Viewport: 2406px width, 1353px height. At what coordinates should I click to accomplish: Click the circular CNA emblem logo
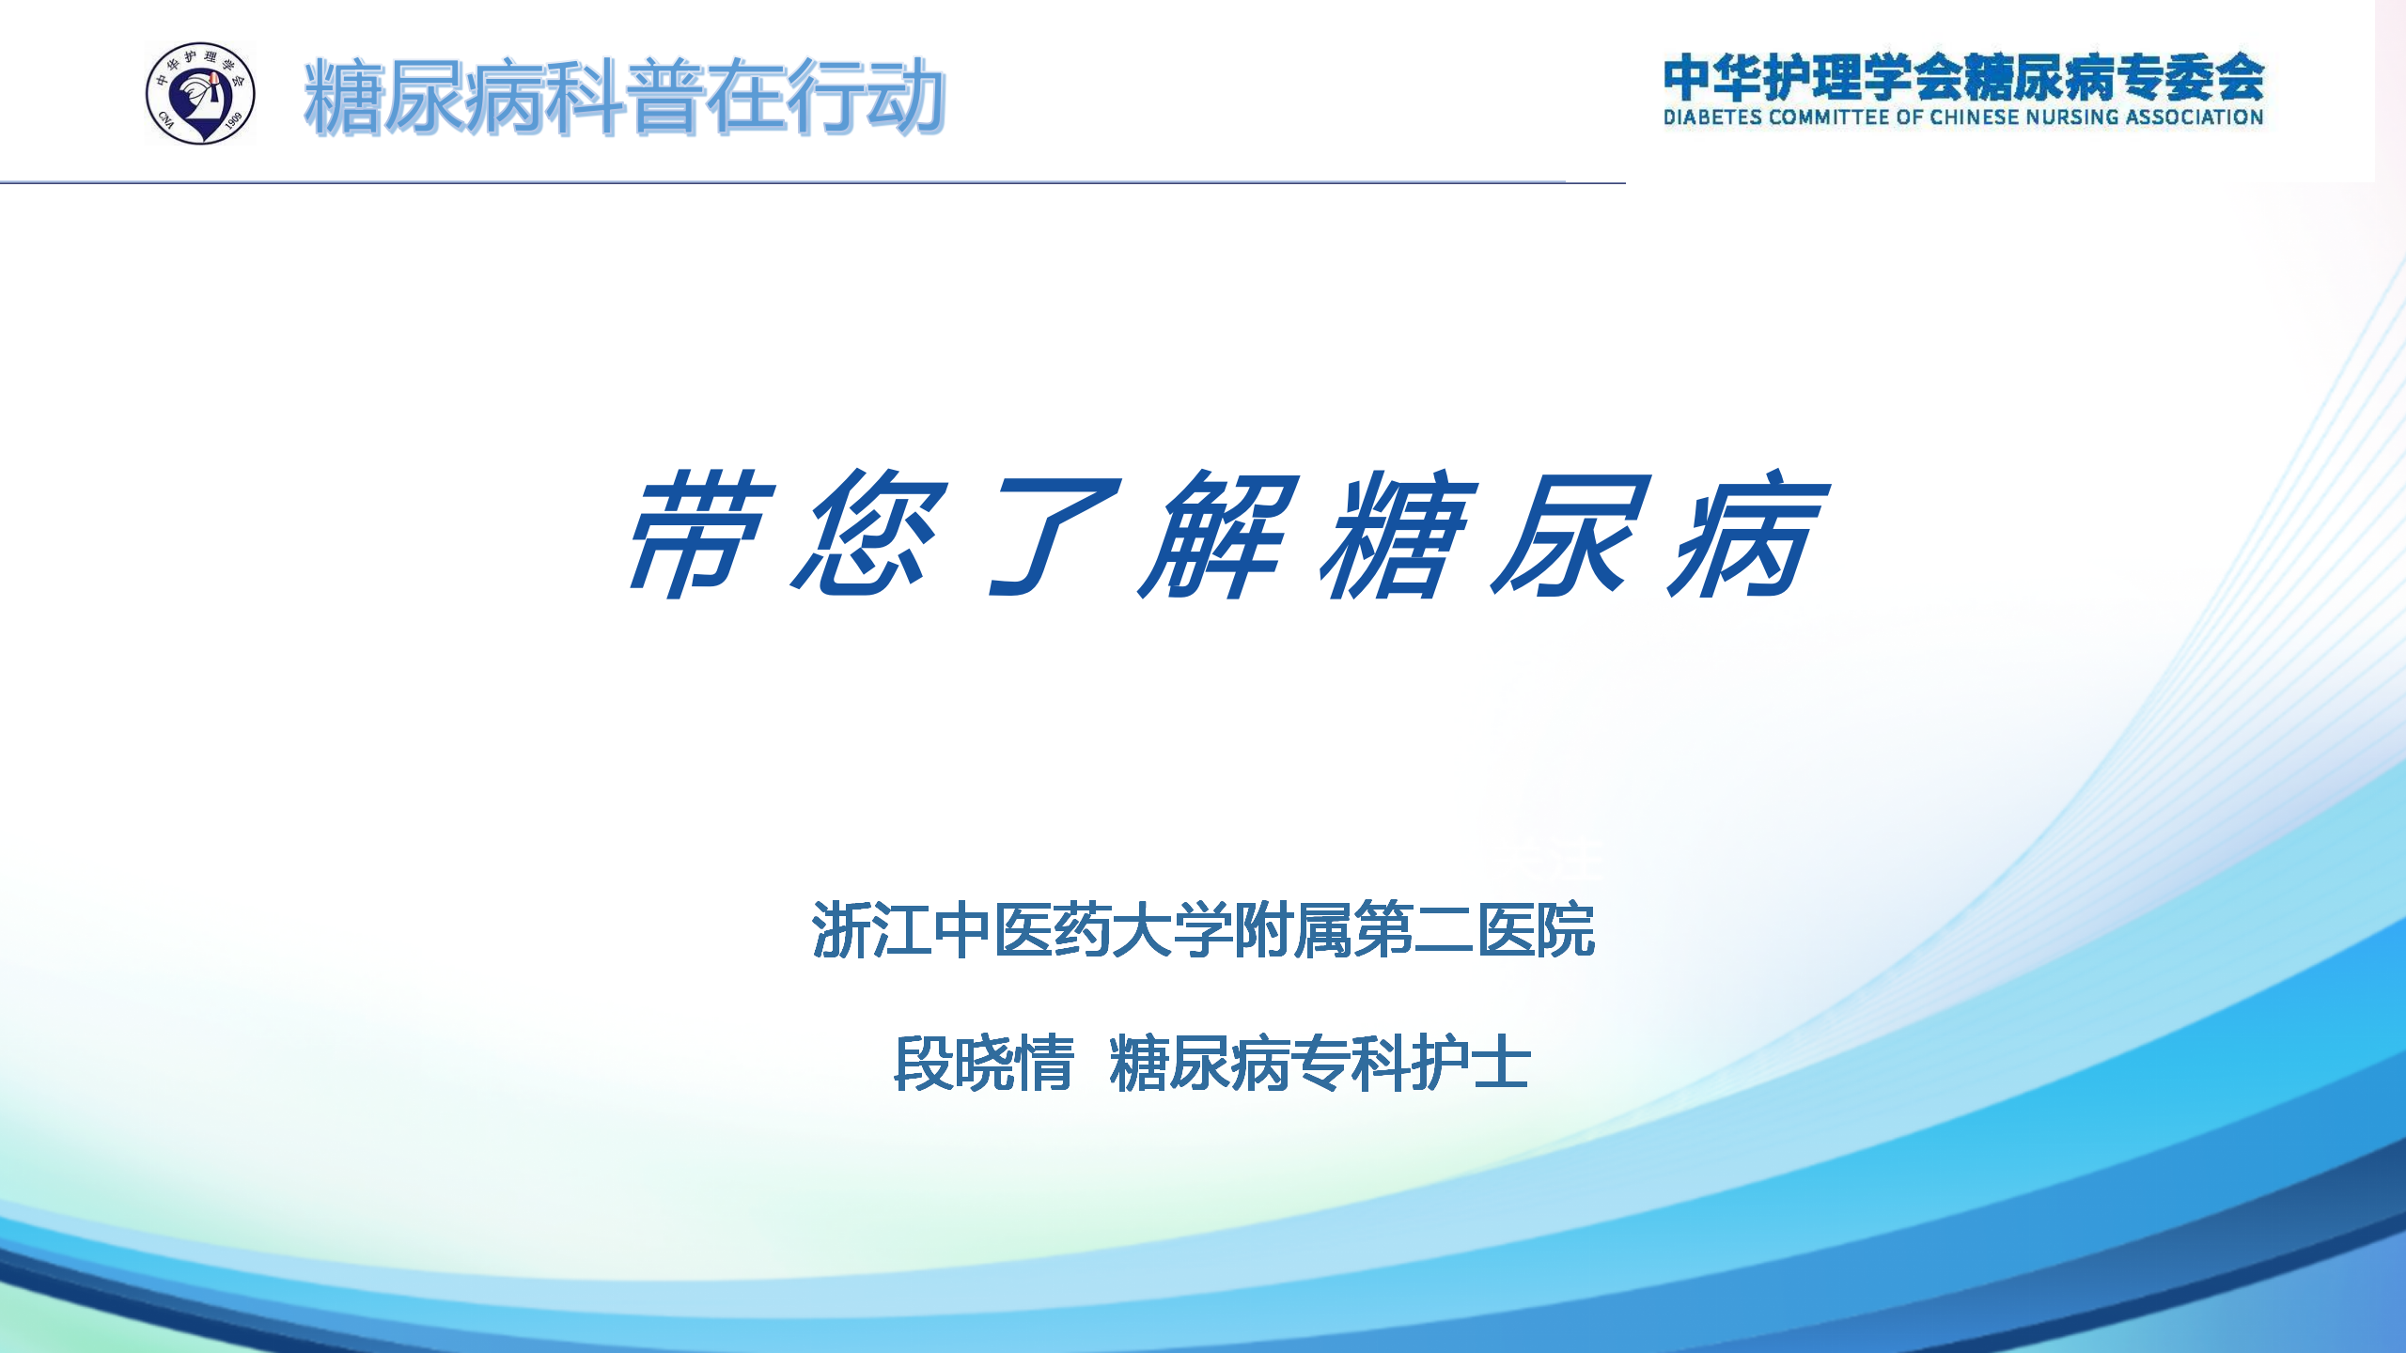(x=200, y=93)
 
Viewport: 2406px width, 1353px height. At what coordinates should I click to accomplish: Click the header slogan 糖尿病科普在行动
(x=624, y=96)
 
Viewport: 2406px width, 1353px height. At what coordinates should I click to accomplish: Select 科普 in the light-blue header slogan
(x=624, y=96)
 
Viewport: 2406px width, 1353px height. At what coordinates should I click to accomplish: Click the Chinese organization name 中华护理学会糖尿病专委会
(x=1963, y=76)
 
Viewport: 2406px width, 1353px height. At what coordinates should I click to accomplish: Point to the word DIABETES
(x=1712, y=117)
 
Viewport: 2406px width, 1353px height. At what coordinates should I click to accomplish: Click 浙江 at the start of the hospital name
(x=871, y=930)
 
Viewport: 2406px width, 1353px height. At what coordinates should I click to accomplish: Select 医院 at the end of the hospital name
(x=1536, y=930)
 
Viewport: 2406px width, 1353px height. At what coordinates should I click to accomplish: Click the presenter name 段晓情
(x=984, y=1063)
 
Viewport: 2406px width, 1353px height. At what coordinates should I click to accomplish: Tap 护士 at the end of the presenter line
(x=1472, y=1063)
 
